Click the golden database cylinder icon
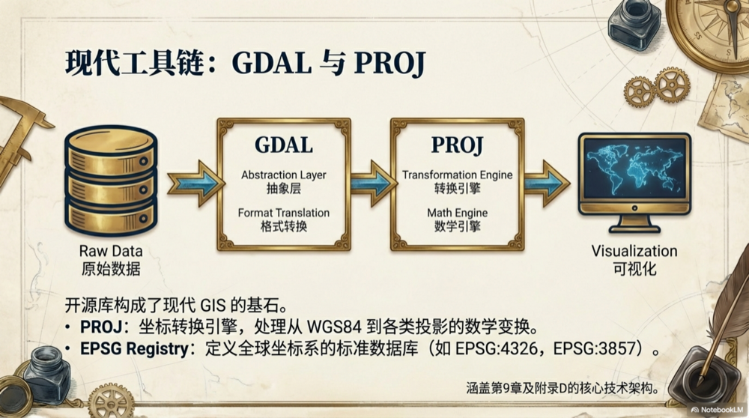click(111, 182)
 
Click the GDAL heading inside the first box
click(283, 145)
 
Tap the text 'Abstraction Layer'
click(283, 175)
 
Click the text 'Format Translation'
click(283, 213)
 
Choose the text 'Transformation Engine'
click(457, 175)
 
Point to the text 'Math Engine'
click(457, 213)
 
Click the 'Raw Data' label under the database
click(111, 252)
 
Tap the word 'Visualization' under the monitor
click(634, 252)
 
